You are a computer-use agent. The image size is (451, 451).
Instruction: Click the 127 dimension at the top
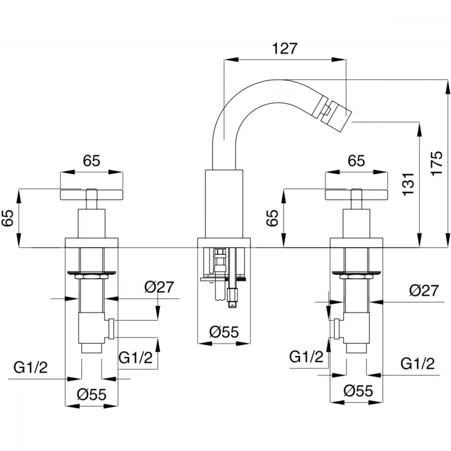click(x=284, y=48)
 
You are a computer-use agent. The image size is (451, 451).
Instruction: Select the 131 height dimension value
click(x=409, y=184)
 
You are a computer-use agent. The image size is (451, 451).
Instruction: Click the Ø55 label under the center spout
click(x=224, y=331)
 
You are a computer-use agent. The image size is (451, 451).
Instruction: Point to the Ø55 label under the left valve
click(x=92, y=394)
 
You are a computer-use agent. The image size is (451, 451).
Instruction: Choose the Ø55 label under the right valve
click(x=358, y=391)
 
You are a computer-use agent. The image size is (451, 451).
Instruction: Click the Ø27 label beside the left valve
click(x=159, y=287)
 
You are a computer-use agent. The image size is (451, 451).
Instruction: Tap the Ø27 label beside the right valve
click(x=424, y=290)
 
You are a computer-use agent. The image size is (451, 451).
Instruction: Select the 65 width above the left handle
click(x=92, y=161)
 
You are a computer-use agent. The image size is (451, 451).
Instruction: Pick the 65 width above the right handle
click(x=356, y=161)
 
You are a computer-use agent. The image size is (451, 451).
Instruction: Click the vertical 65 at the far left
click(x=8, y=218)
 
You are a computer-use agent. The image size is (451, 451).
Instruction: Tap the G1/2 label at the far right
click(x=418, y=364)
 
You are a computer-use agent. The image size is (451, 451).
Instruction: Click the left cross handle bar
click(x=92, y=194)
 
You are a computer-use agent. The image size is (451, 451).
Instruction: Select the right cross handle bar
click(x=356, y=194)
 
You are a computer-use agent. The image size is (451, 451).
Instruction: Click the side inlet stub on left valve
click(x=111, y=329)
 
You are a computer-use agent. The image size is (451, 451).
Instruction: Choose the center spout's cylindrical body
click(x=224, y=204)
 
